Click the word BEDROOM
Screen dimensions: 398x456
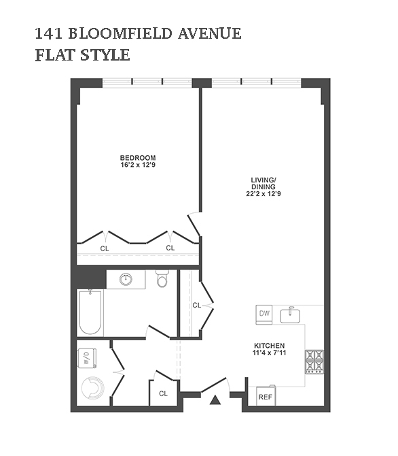[138, 158]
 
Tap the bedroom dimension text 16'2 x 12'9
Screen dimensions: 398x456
[138, 165]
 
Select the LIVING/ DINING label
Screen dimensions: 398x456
[264, 183]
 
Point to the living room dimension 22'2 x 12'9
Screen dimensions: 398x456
[264, 194]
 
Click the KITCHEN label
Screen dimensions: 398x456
[270, 346]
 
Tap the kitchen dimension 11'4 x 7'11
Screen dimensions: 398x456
[270, 353]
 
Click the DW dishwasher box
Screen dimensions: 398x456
[264, 314]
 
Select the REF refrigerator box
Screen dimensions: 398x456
[266, 396]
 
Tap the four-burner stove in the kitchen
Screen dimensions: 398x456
[314, 362]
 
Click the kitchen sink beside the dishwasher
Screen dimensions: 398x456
[290, 315]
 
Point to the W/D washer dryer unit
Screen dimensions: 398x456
[87, 358]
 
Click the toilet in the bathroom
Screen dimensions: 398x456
[162, 278]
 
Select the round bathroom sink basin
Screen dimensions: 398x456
[126, 280]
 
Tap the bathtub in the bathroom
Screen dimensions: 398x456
[90, 312]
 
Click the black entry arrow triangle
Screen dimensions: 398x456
[215, 400]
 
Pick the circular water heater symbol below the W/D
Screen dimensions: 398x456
[92, 388]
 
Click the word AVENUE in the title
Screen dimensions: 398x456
[209, 33]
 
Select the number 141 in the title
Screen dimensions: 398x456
[48, 33]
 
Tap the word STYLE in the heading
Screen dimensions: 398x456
[105, 55]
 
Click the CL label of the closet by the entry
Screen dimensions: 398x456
[163, 393]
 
